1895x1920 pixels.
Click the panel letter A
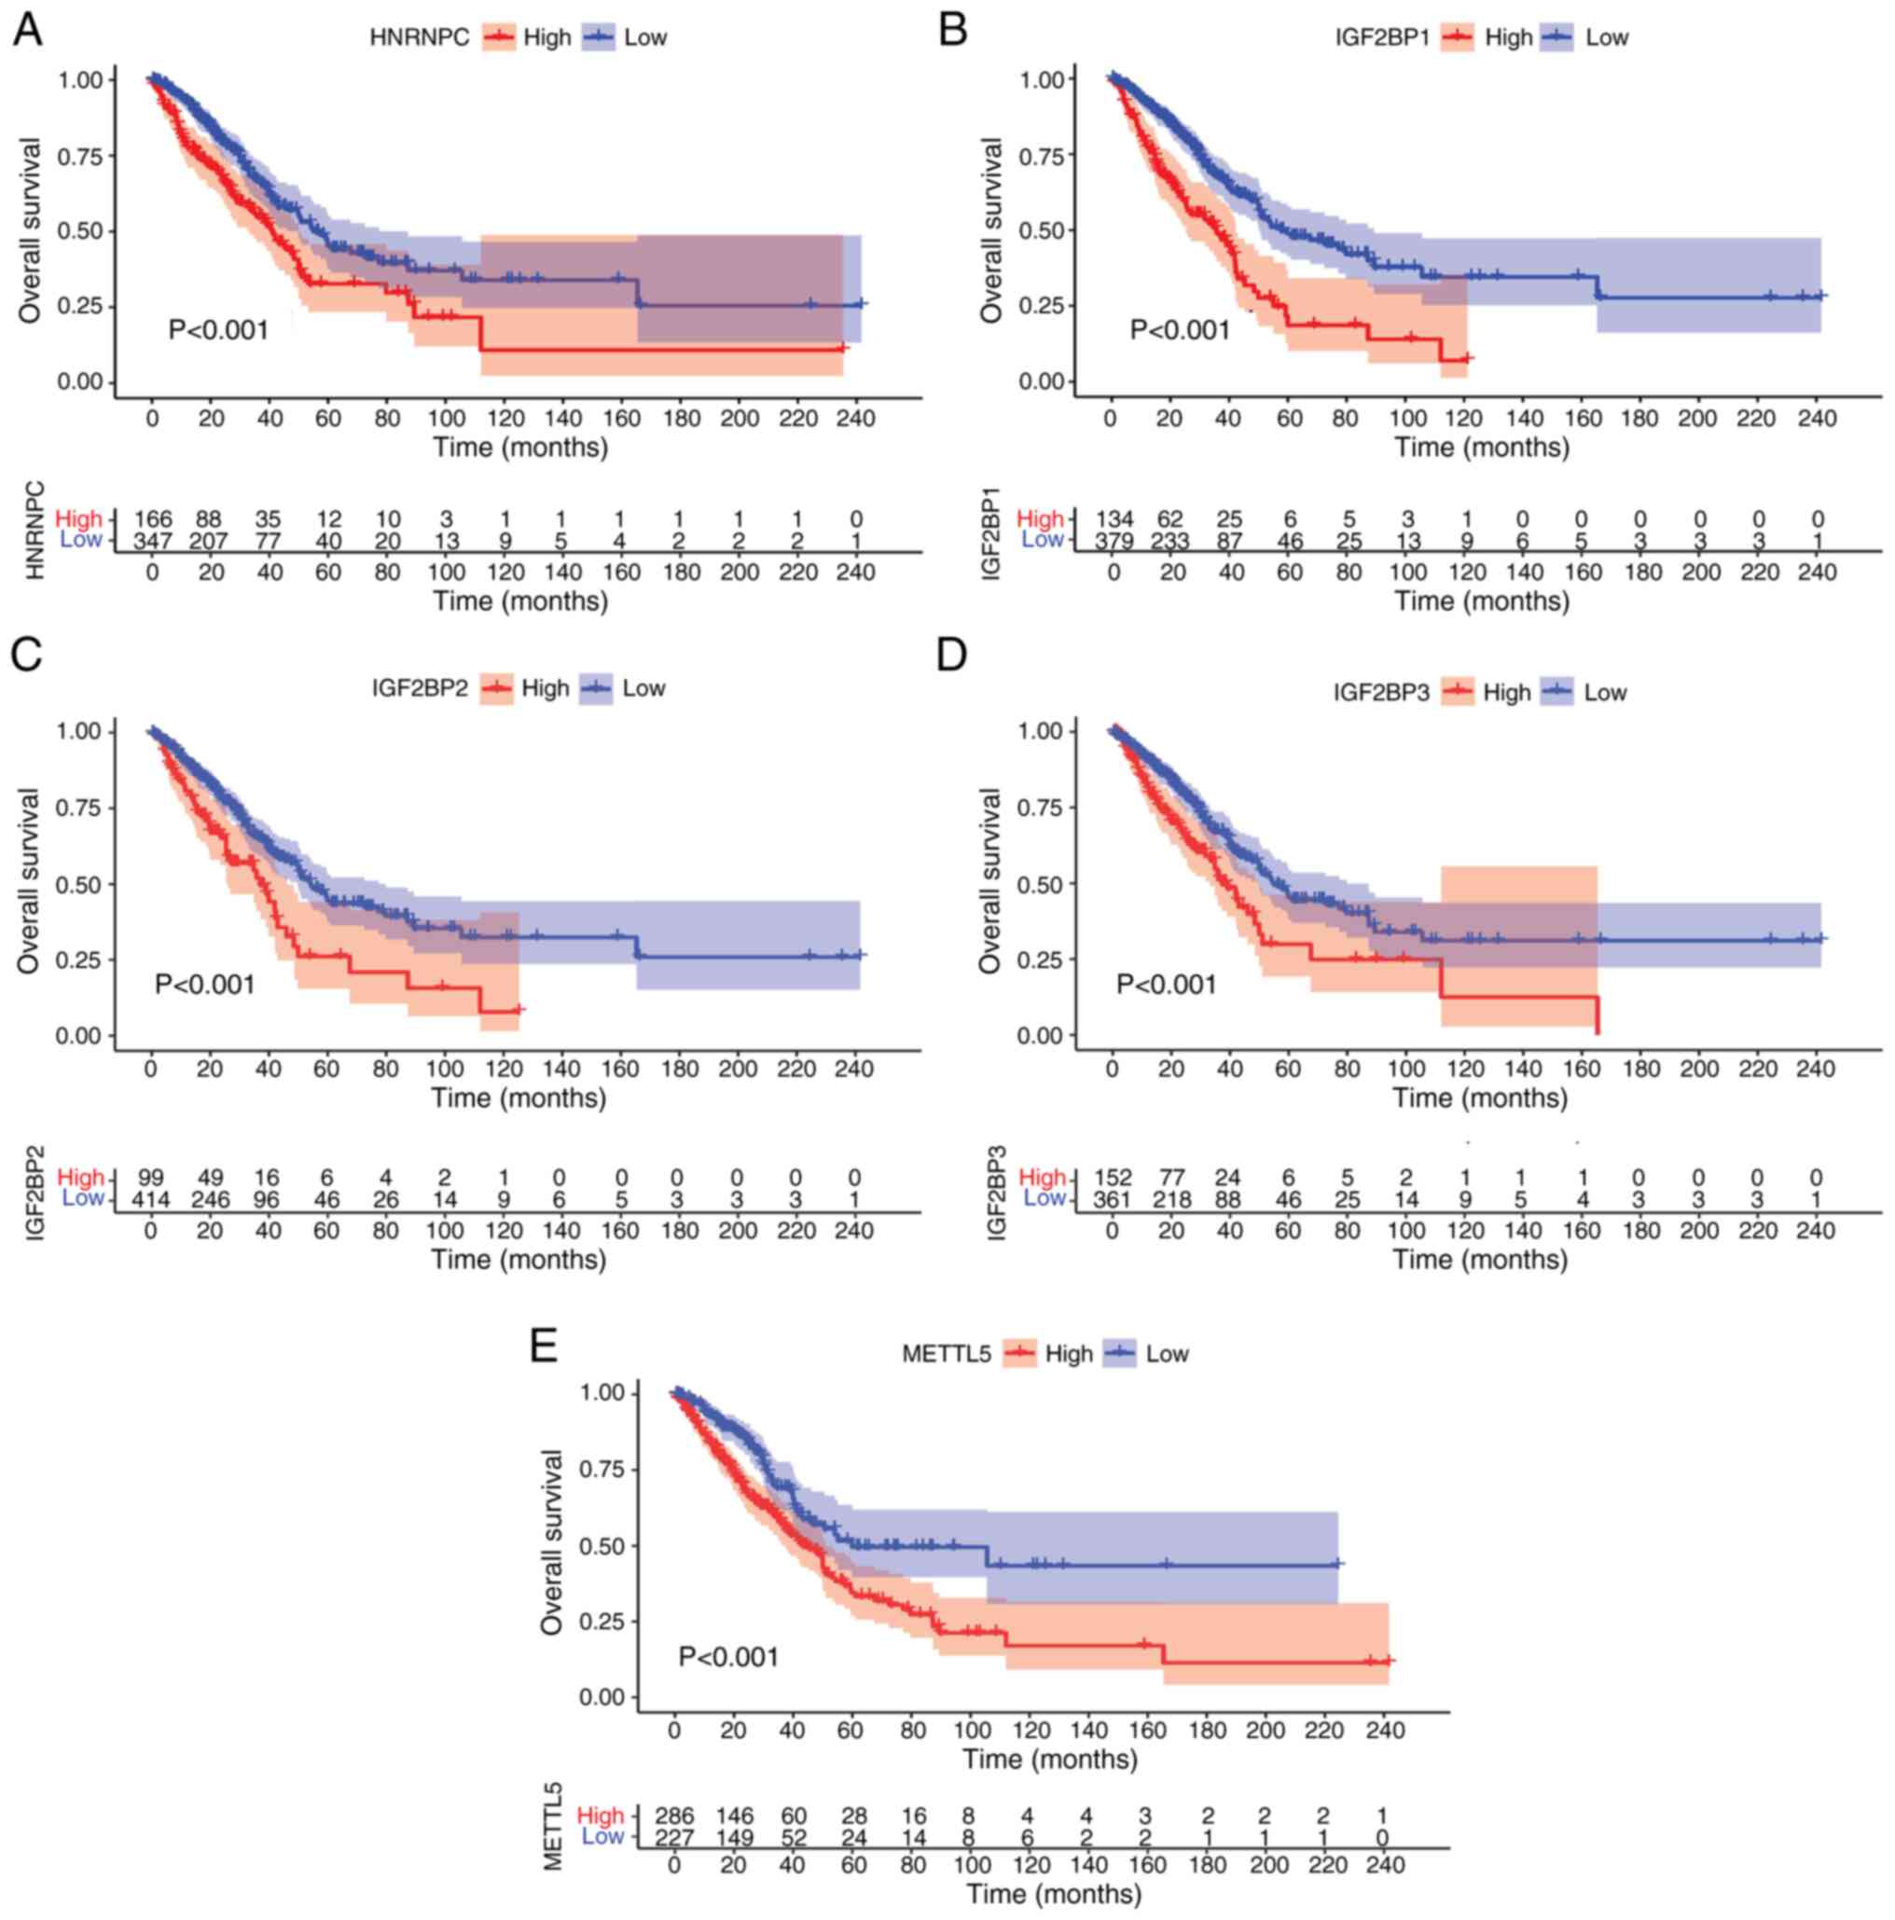click(x=27, y=30)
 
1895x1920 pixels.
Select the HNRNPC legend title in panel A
click(x=419, y=37)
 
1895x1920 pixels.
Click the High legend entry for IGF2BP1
click(x=1507, y=37)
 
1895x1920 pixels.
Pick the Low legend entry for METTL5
click(x=1167, y=1354)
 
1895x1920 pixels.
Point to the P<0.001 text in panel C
click(x=205, y=984)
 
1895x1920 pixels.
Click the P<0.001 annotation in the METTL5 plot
click(x=728, y=1657)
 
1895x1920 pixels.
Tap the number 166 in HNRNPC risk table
click(x=153, y=518)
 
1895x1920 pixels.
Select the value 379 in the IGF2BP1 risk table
click(x=1115, y=541)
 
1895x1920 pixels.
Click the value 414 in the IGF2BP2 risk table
click(x=151, y=1199)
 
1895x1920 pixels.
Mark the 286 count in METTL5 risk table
click(x=675, y=1816)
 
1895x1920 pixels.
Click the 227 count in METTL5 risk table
click(x=675, y=1838)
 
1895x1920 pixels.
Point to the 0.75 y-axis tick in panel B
click(x=1041, y=156)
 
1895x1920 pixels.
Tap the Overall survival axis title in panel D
click(x=990, y=880)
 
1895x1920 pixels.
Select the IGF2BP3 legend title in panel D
click(x=1381, y=693)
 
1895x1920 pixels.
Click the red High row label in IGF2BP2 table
click(x=80, y=1178)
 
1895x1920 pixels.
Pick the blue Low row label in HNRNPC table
click(x=81, y=541)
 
